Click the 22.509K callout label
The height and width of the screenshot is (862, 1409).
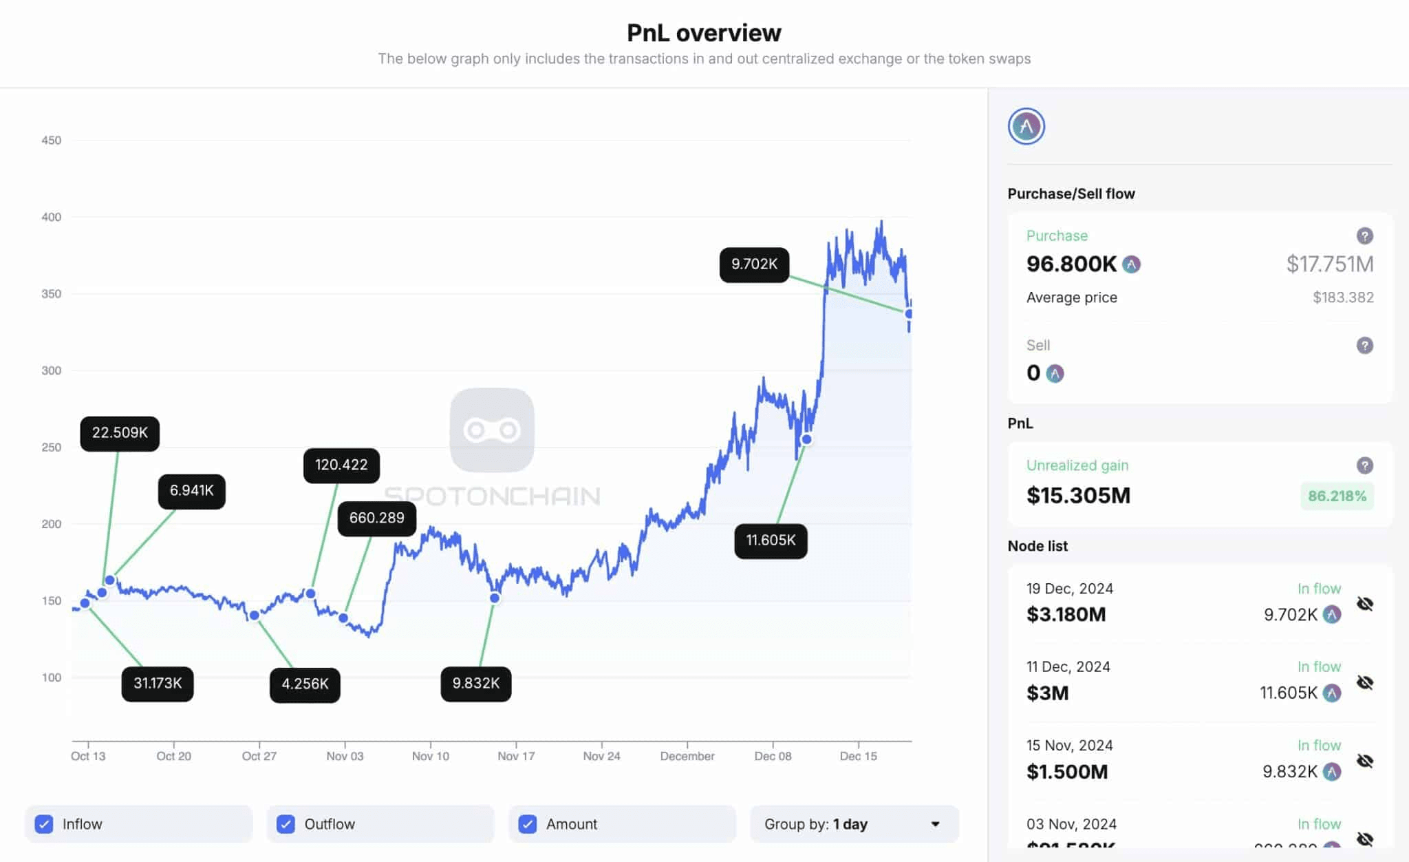tap(120, 433)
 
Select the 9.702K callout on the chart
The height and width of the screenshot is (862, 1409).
tap(754, 264)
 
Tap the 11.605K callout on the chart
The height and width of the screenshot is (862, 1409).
tap(771, 540)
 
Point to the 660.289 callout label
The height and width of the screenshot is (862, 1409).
tap(376, 518)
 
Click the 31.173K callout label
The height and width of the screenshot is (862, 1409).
tap(158, 684)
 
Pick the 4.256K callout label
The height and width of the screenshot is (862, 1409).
tap(305, 684)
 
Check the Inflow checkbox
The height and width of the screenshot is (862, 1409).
tap(44, 824)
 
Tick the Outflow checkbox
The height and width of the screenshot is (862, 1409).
tap(286, 824)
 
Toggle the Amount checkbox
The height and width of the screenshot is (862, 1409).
tap(528, 824)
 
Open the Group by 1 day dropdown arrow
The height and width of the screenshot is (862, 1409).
tap(935, 824)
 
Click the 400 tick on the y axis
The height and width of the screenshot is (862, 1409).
tap(51, 218)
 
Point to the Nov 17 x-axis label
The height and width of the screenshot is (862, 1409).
tap(516, 756)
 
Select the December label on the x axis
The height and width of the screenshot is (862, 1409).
tap(687, 756)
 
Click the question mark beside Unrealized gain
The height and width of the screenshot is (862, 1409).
tap(1365, 465)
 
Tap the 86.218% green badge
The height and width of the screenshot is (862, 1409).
tap(1337, 496)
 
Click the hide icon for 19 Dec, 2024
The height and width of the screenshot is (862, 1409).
tap(1365, 604)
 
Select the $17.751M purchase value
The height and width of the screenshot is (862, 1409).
tap(1329, 264)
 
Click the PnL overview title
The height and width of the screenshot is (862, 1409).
tap(704, 32)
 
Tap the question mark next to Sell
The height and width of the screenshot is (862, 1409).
tap(1365, 346)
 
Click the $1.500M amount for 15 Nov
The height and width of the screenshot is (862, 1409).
tap(1067, 772)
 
